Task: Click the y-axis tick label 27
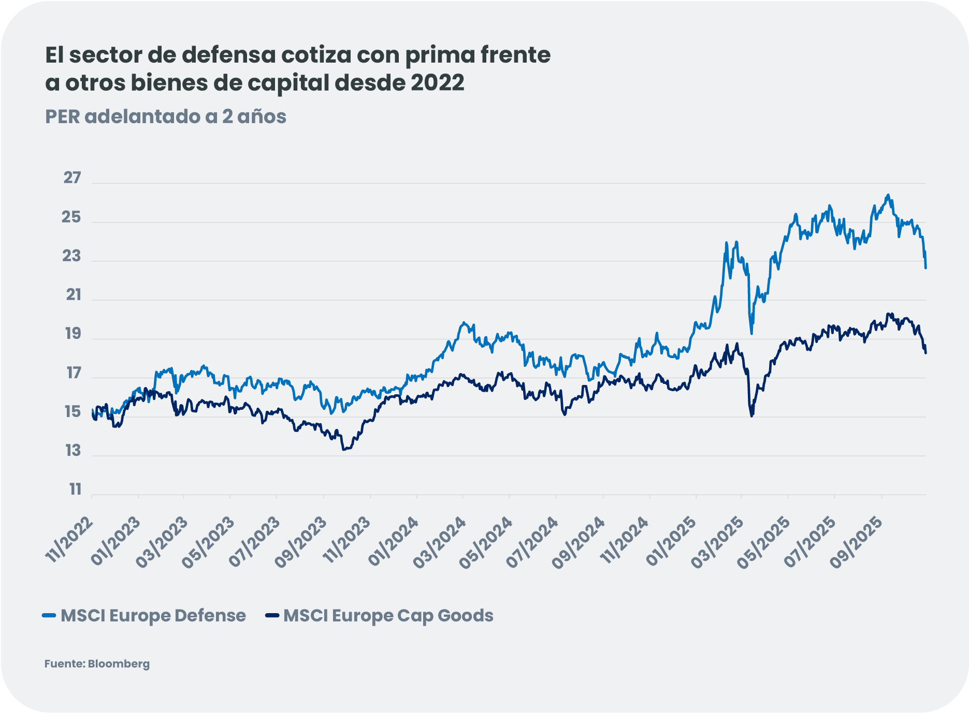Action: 72,178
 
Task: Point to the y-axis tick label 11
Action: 76,489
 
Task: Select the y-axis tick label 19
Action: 73,334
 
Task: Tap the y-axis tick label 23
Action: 71,256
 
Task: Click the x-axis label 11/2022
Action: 69,539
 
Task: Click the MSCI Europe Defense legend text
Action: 153,616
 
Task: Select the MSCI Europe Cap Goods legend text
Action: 388,616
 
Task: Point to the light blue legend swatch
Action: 49,615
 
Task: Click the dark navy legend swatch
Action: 272,615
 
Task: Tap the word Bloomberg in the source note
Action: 119,664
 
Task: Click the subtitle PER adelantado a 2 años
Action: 166,116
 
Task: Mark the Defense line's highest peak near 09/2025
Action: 888,195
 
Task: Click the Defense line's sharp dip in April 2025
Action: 751,333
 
